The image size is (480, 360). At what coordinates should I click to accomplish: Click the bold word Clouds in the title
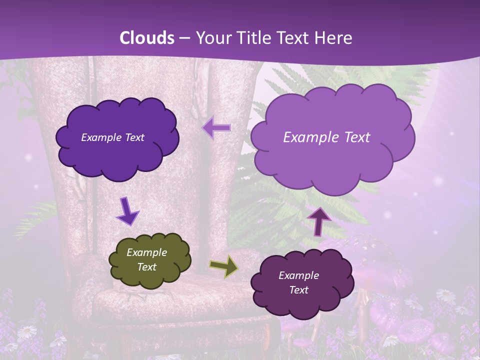[x=147, y=38]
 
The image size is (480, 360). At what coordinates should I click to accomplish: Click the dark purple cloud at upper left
[x=117, y=137]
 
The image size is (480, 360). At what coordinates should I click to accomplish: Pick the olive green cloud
[x=149, y=260]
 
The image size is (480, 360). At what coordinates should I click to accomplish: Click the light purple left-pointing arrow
[x=217, y=128]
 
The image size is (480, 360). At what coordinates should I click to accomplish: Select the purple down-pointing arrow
[x=127, y=211]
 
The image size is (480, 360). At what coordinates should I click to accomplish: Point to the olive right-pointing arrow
[x=223, y=266]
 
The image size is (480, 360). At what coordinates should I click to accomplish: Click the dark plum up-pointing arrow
[x=318, y=221]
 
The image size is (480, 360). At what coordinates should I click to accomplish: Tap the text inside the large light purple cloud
[x=326, y=137]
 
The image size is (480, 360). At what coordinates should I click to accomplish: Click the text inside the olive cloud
[x=146, y=260]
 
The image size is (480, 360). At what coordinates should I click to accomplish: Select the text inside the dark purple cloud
[x=112, y=137]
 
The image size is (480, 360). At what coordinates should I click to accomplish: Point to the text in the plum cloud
[x=298, y=282]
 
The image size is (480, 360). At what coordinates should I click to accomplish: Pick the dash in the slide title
[x=184, y=38]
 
